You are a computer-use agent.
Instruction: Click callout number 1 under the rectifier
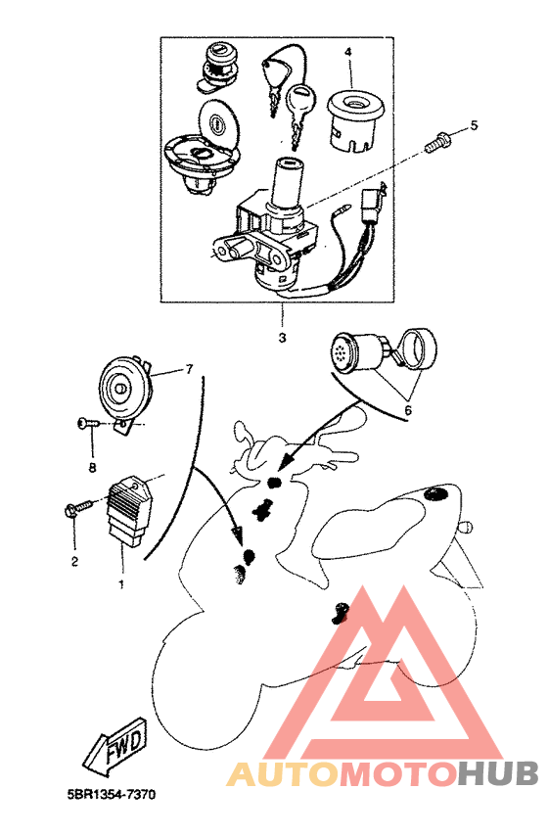click(121, 584)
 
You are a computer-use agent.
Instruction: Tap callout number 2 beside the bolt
click(74, 561)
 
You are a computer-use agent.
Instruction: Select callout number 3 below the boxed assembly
click(282, 338)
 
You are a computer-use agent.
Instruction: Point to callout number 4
click(348, 52)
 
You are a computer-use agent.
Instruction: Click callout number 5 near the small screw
click(474, 125)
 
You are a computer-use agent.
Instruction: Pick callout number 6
click(408, 410)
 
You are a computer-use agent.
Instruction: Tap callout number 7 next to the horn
click(189, 368)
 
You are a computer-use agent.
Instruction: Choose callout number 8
click(92, 468)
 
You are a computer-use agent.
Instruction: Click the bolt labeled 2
click(77, 507)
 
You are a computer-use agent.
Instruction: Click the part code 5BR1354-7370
click(112, 795)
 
